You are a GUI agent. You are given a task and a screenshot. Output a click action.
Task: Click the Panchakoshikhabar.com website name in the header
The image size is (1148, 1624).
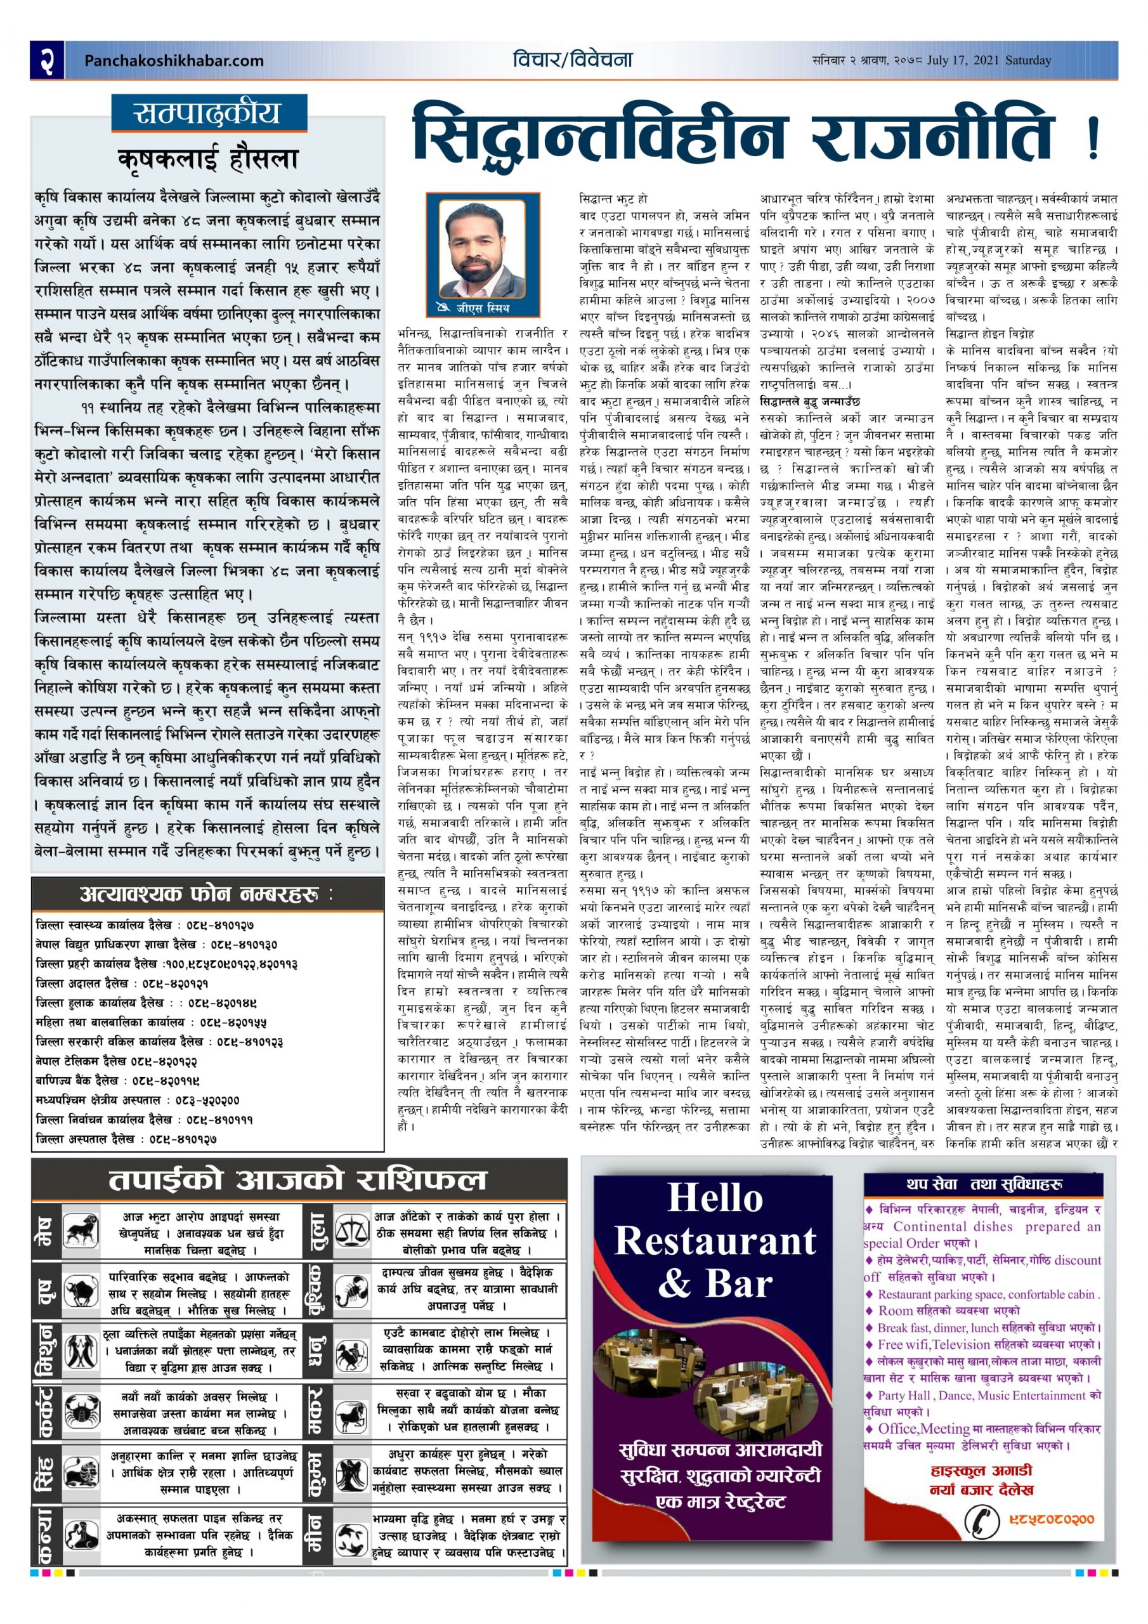[173, 61]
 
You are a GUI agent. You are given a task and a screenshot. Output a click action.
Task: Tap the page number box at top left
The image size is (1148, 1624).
[48, 60]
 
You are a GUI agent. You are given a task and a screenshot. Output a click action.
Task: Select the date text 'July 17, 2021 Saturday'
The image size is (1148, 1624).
[989, 61]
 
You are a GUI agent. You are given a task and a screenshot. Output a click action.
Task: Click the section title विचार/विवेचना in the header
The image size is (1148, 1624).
[573, 60]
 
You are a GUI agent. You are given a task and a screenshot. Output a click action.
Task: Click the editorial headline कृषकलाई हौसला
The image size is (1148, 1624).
[209, 160]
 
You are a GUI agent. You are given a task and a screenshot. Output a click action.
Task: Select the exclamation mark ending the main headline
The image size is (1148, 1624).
[1093, 139]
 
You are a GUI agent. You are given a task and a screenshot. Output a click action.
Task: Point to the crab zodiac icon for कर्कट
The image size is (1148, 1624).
[82, 1412]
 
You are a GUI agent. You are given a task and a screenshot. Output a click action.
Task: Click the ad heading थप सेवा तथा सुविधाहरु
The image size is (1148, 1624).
[984, 1184]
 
